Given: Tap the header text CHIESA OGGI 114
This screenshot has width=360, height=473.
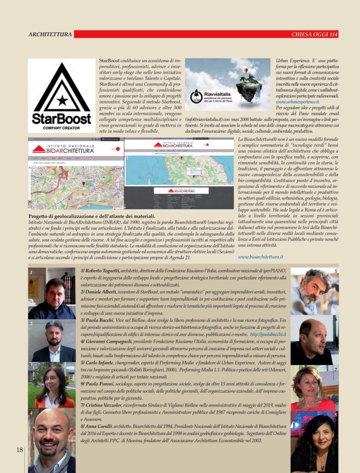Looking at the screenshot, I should (315, 34).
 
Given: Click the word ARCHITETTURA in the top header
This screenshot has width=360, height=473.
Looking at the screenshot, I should (50, 34).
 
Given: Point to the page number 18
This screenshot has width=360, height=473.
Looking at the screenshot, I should (20, 449).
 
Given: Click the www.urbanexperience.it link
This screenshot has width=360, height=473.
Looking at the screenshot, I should (297, 101).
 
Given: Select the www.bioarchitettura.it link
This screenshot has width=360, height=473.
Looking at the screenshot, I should (261, 256).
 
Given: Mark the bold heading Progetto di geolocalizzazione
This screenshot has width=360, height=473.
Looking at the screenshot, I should (92, 216).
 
